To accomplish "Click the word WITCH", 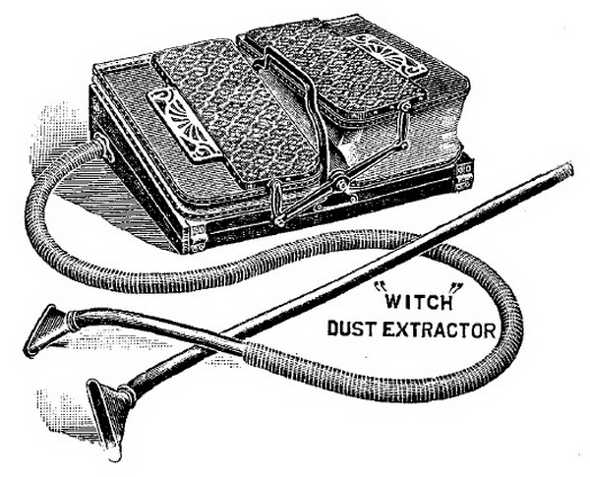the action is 419,302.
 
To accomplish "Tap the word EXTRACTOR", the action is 440,329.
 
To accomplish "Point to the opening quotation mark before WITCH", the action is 378,288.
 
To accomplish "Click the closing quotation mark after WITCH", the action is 457,288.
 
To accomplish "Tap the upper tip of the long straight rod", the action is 569,168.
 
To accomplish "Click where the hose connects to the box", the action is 103,147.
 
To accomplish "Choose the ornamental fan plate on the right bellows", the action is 387,55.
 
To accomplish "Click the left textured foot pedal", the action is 235,113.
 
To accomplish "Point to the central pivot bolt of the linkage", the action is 341,185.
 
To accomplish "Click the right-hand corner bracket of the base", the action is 465,173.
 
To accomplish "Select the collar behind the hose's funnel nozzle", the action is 71,320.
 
